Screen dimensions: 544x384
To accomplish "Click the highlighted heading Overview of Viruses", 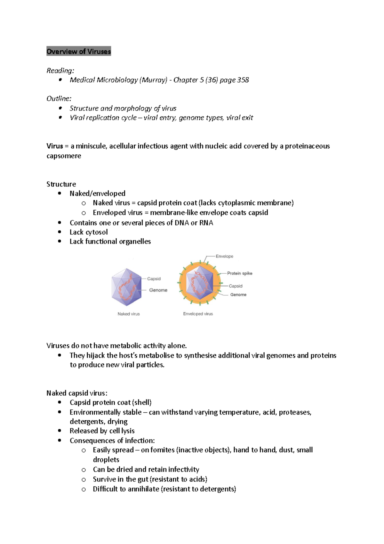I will point(79,51).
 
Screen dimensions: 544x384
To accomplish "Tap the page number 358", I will point(243,80).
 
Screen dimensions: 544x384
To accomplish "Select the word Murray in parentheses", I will point(153,80).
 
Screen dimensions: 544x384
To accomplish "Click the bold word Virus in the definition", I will point(54,146).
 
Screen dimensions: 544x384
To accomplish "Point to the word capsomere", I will point(64,156).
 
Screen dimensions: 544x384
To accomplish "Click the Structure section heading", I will point(61,184).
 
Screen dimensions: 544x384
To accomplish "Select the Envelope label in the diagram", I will point(224,256).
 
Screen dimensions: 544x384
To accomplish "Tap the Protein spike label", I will point(240,273).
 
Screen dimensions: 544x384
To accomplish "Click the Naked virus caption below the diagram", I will point(129,314).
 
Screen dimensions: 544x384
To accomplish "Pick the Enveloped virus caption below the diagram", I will point(198,314).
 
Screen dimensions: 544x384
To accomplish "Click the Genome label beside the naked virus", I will point(158,290).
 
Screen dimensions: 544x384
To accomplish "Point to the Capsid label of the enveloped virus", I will point(236,286).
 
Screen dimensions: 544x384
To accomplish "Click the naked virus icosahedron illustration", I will point(126,287).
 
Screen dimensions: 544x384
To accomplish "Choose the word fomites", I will point(162,450).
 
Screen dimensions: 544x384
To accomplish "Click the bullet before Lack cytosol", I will point(60,232).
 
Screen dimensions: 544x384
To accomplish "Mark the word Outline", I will point(59,99).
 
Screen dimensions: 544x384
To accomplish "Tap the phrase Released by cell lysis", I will point(102,431).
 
